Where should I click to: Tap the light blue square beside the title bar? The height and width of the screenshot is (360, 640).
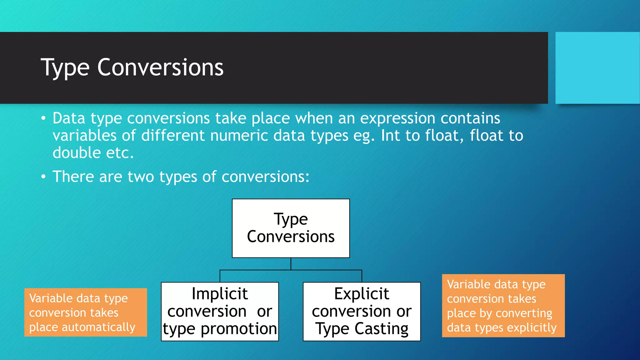(597, 68)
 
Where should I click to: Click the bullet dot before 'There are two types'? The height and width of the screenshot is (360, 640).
(43, 177)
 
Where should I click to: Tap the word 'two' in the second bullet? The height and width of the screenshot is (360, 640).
(141, 177)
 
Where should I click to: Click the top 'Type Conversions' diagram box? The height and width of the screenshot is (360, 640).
(291, 228)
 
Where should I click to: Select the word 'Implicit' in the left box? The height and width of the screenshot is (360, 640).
(220, 294)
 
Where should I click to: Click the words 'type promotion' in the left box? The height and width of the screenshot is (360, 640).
(220, 329)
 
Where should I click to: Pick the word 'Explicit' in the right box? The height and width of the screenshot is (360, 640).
(362, 294)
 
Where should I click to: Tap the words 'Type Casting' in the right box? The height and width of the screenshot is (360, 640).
(362, 329)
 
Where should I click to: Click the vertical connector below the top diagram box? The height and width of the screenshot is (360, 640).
(291, 264)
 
